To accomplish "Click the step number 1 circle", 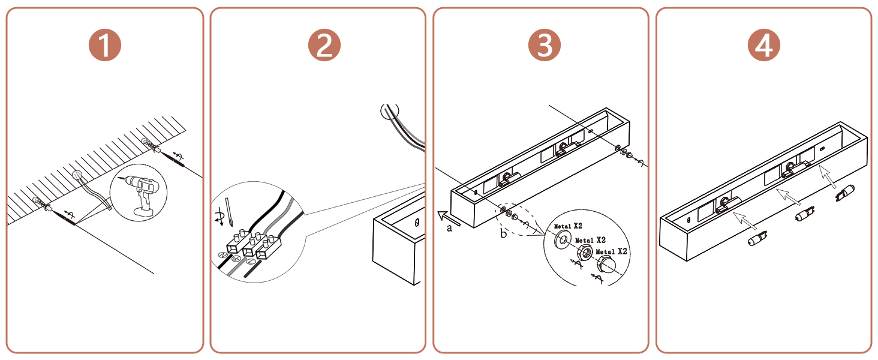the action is tap(105, 45).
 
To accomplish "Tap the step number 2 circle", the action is tap(324, 45).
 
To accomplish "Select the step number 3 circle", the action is tap(545, 45).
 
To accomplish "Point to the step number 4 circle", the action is tap(764, 45).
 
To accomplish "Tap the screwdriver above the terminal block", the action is tap(229, 212).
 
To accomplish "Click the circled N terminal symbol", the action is tap(223, 255).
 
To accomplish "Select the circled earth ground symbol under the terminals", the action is tap(236, 259).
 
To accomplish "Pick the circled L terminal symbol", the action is tap(251, 262).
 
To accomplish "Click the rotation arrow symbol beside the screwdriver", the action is tap(219, 218).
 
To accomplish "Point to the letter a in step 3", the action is tap(449, 228).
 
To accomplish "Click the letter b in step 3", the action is tap(503, 234).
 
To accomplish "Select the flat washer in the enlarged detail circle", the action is tap(563, 239).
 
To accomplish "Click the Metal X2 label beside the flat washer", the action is tap(568, 226).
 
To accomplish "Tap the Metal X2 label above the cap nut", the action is tap(611, 251).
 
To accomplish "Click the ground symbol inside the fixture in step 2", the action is tap(417, 223).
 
